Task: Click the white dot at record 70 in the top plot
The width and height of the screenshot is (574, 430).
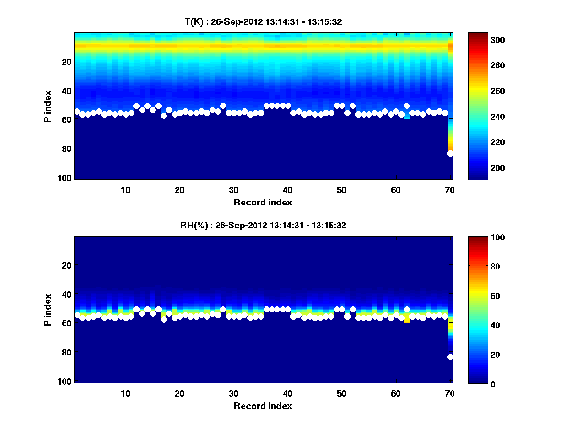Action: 450,154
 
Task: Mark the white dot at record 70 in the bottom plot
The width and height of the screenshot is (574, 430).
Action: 450,357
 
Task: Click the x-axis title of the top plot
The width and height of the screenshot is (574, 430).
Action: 263,202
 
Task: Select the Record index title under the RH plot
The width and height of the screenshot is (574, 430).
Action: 263,406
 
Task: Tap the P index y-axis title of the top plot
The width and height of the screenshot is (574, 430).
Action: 48,106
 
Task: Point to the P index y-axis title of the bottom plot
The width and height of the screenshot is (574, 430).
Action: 48,310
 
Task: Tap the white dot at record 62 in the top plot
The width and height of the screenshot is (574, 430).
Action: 407,106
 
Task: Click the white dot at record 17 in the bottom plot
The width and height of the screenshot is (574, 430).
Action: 164,319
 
